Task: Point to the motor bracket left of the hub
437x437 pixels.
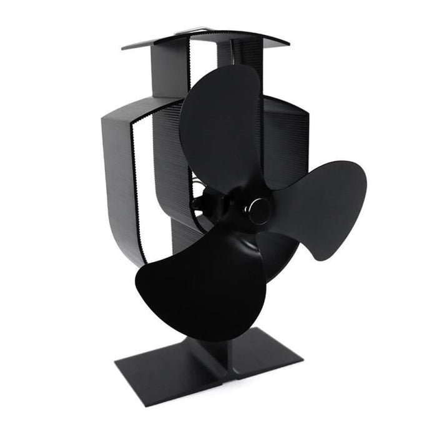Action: (206, 203)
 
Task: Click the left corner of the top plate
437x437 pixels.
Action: (125, 47)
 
